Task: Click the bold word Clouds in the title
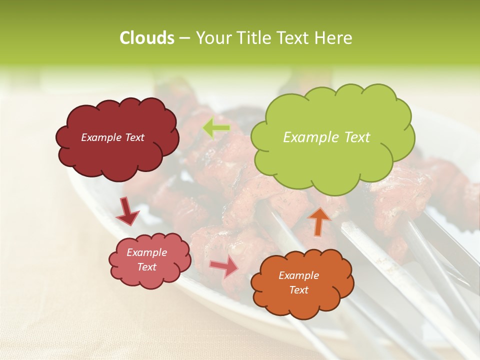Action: [146, 38]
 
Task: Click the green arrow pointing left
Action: [216, 128]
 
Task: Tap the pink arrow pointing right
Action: [223, 266]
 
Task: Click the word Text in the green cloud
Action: [357, 137]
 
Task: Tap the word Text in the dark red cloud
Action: [134, 137]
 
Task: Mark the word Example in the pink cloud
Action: [147, 252]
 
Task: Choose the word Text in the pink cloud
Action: [147, 267]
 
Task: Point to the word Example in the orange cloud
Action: [299, 275]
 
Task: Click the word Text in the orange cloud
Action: [299, 290]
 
